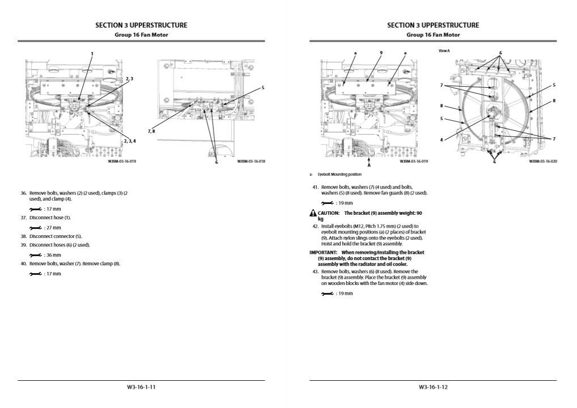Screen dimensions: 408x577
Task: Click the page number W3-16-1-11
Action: [x=141, y=387]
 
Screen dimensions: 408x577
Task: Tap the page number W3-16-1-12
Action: [x=433, y=387]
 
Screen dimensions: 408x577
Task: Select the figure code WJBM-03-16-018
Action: [x=251, y=161]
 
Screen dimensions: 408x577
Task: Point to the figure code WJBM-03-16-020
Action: [x=543, y=161]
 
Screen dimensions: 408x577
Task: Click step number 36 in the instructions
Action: [x=24, y=193]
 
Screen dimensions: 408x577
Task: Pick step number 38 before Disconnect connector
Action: [x=24, y=236]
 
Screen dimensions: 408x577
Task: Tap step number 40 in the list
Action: [x=24, y=263]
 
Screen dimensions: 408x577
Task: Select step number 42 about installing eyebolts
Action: [x=315, y=226]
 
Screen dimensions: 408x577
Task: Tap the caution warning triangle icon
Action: [x=312, y=213]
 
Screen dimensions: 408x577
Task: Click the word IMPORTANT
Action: [x=323, y=252]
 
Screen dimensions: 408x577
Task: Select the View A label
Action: [x=444, y=51]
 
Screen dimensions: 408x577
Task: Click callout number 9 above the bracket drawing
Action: [x=381, y=53]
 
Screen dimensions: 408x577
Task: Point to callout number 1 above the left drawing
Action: [x=92, y=54]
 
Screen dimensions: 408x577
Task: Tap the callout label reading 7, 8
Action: [x=151, y=131]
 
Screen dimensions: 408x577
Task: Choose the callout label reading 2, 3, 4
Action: [x=130, y=141]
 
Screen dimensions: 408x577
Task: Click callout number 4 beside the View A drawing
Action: [x=442, y=139]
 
